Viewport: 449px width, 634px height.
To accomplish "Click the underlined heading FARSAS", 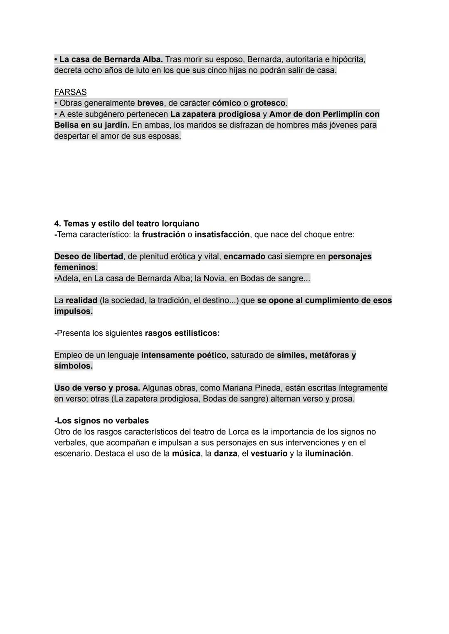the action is coord(70,92).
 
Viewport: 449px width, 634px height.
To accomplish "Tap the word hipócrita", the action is coord(346,59).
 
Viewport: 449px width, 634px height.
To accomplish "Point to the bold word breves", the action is coord(150,103).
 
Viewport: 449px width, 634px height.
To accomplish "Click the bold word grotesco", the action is coord(268,103).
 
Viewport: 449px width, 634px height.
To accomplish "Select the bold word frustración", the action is coord(163,234).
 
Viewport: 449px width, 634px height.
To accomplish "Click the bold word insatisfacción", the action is coord(222,234).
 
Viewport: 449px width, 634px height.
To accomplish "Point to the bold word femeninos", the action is coord(75,267).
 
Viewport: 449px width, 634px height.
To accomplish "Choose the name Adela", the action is coord(68,278).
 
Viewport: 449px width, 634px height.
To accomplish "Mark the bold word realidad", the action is coord(81,300).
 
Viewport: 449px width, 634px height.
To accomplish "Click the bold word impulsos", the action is coord(73,311).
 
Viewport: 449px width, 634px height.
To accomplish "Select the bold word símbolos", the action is coord(73,366).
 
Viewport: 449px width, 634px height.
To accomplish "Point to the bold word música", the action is coord(186,454).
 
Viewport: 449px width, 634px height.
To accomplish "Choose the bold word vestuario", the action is coord(269,454).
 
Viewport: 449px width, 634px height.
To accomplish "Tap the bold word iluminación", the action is coord(328,454).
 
